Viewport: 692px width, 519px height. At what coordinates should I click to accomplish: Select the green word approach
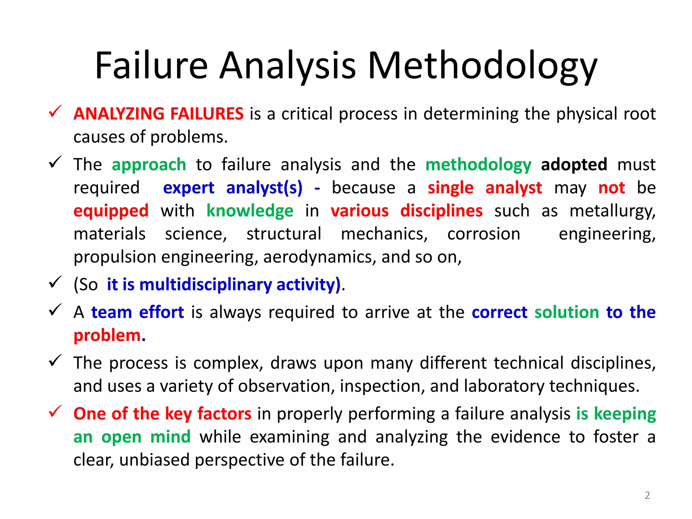coord(149,165)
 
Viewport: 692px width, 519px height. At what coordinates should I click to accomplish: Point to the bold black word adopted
coord(574,165)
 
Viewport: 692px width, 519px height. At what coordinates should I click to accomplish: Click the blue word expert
coord(189,188)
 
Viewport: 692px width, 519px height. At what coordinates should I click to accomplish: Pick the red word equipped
coord(111,211)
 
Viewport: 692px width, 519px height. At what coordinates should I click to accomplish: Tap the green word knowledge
coord(250,211)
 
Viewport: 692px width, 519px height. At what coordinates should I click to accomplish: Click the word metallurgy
coord(612,212)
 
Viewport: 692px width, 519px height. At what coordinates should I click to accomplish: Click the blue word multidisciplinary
coord(205,285)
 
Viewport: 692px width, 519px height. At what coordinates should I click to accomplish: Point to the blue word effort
coord(162,312)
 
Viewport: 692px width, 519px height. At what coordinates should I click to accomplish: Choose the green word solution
coord(567,312)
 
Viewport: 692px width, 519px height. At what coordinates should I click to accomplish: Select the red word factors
coord(224,414)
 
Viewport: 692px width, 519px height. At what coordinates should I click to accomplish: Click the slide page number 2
coord(647,495)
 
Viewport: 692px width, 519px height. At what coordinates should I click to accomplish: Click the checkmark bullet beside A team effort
coord(55,310)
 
